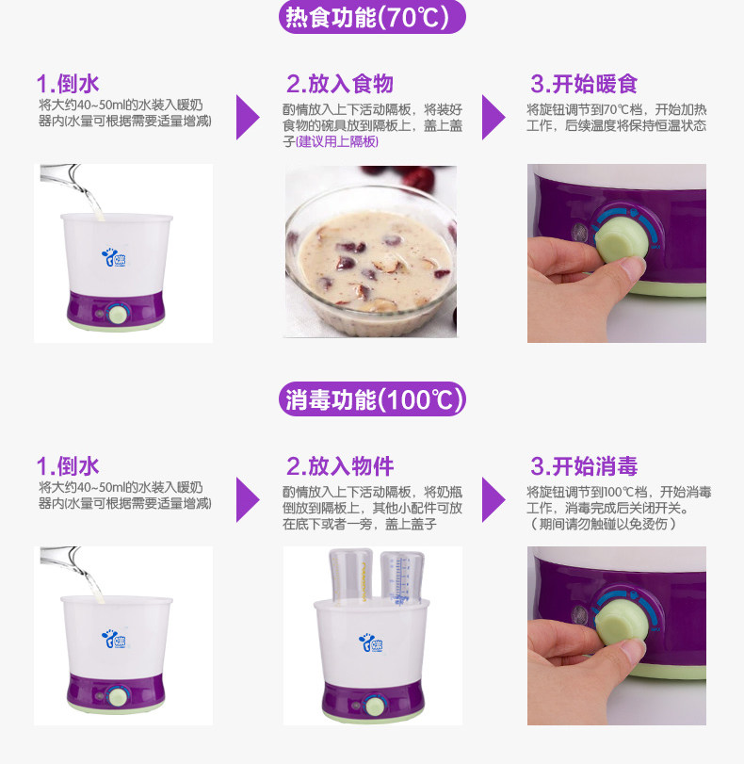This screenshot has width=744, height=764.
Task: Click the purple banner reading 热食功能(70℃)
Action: pos(372,17)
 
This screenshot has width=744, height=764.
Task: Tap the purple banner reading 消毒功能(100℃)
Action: pos(372,399)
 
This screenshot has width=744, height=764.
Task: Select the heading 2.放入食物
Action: pos(340,83)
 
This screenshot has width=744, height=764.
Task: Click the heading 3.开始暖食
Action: pos(584,83)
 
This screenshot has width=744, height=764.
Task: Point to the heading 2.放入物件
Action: pos(340,465)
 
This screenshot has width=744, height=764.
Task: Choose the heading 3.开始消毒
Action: pos(584,465)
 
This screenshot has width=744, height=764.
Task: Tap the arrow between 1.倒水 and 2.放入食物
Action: pos(248,118)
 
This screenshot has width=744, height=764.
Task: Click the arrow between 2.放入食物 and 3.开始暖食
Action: pos(493,118)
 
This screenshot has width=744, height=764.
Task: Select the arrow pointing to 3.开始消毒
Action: pos(493,500)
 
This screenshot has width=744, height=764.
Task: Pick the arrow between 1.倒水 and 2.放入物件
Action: pos(248,500)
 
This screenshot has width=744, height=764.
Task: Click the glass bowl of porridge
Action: pos(371,261)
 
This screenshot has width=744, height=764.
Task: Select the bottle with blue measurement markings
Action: pos(401,578)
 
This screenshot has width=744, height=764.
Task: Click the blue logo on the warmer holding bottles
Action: pos(371,643)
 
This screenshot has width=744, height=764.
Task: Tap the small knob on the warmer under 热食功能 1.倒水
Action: pos(119,314)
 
